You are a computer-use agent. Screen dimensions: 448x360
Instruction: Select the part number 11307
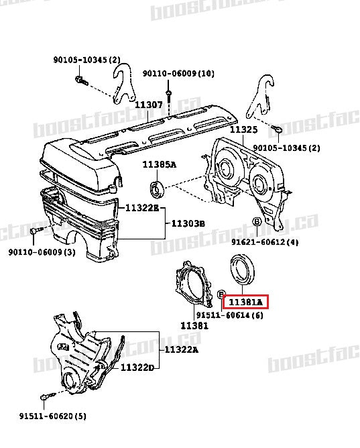pos(148,105)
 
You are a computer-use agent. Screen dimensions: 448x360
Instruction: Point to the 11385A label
pos(159,165)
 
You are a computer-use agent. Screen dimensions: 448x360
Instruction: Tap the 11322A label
pos(182,350)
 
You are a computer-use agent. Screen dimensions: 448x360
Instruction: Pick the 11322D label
pos(137,368)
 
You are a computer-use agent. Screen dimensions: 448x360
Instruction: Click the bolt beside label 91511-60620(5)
pos(44,398)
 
